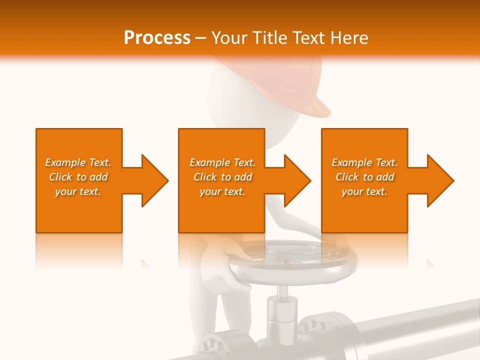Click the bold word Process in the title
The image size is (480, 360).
[157, 38]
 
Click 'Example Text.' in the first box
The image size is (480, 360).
[78, 162]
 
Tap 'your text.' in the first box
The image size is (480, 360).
[78, 191]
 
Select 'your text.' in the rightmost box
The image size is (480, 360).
[364, 191]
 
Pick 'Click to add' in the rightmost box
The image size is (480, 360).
[364, 177]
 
